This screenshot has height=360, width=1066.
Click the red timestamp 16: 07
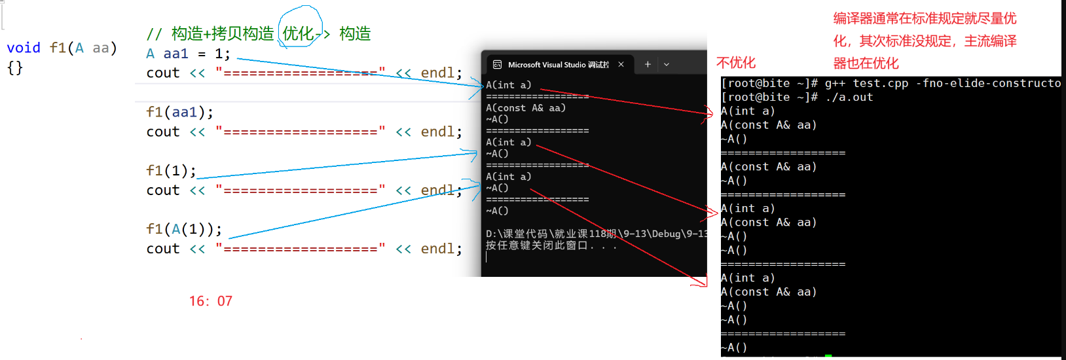(x=211, y=301)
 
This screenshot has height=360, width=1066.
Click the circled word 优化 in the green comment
(x=298, y=33)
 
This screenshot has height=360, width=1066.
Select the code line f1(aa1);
(x=179, y=112)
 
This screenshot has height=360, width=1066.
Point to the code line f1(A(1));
(x=184, y=229)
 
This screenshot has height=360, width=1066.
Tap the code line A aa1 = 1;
(x=188, y=54)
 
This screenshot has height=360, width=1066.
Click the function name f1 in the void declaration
(x=58, y=48)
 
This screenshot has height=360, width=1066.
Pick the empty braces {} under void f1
(x=15, y=67)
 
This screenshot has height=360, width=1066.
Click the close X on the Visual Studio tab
(x=621, y=64)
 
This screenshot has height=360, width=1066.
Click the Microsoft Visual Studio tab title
(x=558, y=65)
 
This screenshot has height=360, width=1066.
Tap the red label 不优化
(x=736, y=63)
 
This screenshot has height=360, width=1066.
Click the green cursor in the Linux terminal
(x=828, y=355)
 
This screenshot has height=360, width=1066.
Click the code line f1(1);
(x=171, y=171)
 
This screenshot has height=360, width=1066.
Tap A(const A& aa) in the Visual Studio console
(x=526, y=108)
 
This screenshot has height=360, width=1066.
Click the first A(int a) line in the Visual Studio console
(x=509, y=85)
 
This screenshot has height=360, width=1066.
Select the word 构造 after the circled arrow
(x=355, y=33)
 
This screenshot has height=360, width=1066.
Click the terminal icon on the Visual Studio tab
(x=497, y=65)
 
